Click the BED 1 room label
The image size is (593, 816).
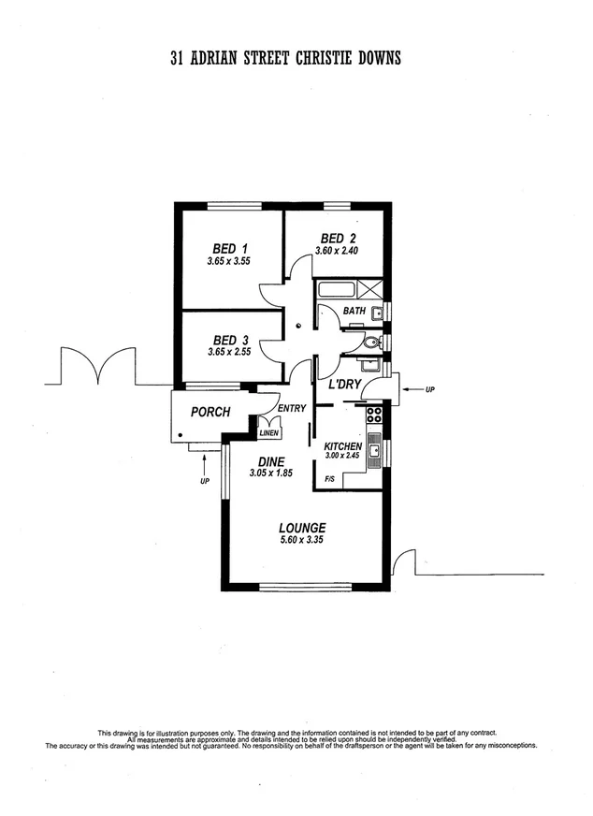(x=229, y=249)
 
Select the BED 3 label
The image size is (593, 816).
(x=229, y=339)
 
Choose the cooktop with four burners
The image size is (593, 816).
(x=374, y=415)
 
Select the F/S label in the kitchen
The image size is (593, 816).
(x=329, y=479)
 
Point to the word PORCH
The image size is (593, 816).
(x=210, y=412)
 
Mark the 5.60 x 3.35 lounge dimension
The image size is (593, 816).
(x=302, y=540)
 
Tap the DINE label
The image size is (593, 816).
(x=271, y=461)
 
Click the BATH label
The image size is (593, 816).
(x=354, y=311)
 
